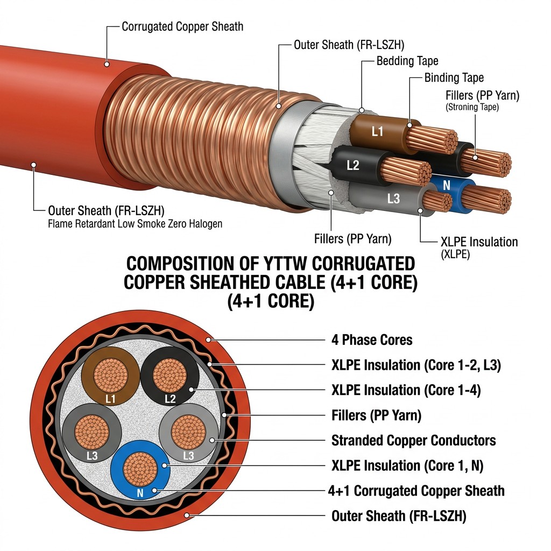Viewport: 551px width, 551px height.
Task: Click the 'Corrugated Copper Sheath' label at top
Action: coord(182,27)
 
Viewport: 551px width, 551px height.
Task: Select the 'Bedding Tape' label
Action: coord(407,61)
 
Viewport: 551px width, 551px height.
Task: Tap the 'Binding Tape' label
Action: coord(454,77)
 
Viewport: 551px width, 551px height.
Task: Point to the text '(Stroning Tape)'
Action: coord(472,107)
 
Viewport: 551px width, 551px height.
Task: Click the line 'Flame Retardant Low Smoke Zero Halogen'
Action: coord(135,223)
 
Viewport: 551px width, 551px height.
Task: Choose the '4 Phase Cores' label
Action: coord(372,340)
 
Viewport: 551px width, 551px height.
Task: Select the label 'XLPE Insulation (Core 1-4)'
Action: coord(406,390)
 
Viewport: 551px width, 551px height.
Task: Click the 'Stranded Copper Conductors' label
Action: coord(414,440)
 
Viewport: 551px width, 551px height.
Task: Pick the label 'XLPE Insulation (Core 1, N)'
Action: coord(407,465)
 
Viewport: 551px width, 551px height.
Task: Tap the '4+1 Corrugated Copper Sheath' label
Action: coord(416,491)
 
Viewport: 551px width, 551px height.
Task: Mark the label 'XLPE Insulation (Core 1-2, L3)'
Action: coord(416,365)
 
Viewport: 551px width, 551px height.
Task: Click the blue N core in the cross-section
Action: coord(140,470)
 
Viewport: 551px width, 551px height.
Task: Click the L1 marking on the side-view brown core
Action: coord(377,132)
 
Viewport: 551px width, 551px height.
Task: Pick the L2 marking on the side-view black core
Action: coord(353,165)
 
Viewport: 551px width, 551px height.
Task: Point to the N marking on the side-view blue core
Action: coord(446,185)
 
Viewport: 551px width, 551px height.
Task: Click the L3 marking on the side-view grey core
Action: coord(393,199)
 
